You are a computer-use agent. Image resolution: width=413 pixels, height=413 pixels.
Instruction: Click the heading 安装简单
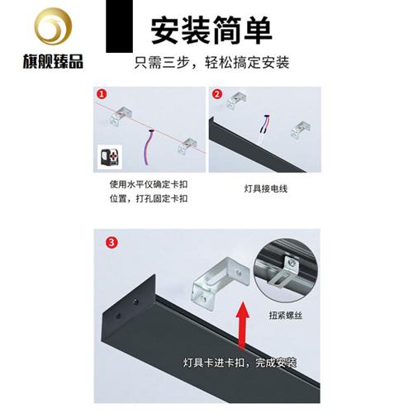pos(210,31)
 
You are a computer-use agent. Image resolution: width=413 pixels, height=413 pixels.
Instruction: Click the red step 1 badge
pos(102,94)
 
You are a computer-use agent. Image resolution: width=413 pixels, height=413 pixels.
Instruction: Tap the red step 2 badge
pos(217,94)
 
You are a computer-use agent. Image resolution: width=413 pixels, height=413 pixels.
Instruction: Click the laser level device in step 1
pos(108,159)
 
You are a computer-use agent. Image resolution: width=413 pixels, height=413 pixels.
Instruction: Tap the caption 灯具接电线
pos(259,188)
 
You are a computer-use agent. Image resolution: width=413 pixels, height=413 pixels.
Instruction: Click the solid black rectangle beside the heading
pos(121,31)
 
